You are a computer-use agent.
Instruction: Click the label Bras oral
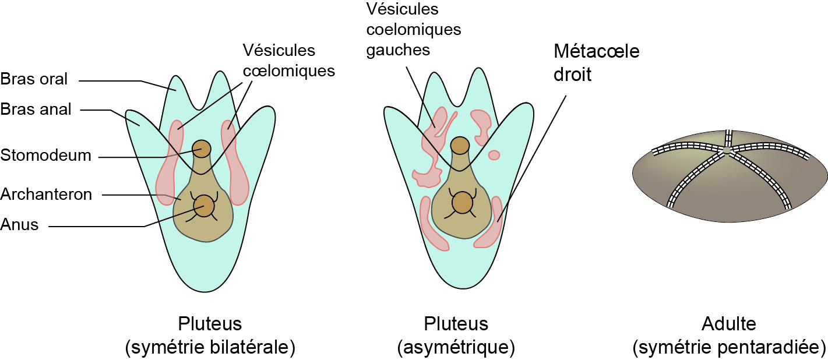click(x=34, y=79)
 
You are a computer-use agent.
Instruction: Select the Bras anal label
click(x=36, y=109)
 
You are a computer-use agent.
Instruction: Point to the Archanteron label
click(x=46, y=194)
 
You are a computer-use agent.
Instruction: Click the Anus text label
click(x=20, y=224)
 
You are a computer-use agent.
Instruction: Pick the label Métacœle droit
click(x=596, y=63)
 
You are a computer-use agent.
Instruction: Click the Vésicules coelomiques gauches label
click(x=413, y=29)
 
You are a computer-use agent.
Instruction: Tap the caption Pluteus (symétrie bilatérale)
click(x=210, y=336)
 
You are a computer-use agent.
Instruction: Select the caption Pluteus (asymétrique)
click(x=456, y=336)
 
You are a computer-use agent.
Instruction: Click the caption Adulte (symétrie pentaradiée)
click(x=729, y=336)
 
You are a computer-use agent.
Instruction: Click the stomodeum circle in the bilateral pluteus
click(x=202, y=148)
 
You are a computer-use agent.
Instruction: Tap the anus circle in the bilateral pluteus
click(x=203, y=205)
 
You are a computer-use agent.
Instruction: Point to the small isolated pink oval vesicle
click(x=494, y=155)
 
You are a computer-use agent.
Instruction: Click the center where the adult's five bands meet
click(x=726, y=150)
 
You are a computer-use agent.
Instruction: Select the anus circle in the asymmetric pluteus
click(x=460, y=203)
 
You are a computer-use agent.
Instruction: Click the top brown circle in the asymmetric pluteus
click(x=460, y=145)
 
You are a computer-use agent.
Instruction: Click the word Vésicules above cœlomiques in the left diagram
click(x=279, y=51)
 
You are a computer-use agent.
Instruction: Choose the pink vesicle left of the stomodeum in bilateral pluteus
click(x=170, y=163)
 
